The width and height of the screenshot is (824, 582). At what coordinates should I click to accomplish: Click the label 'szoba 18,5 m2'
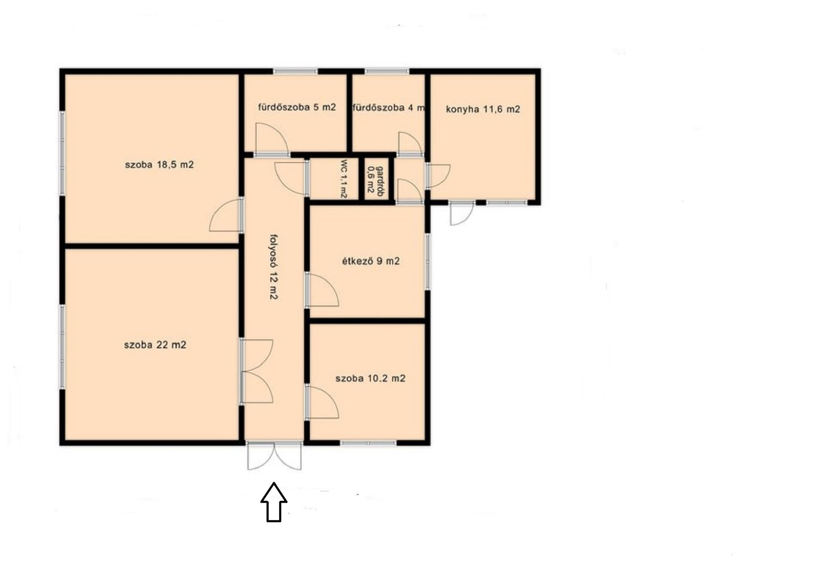tap(159, 165)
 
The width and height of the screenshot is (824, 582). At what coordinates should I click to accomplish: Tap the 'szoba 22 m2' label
tap(155, 345)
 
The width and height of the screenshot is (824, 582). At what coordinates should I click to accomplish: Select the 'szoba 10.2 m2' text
tap(370, 379)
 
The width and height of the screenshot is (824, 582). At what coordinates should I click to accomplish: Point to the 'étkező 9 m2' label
tap(371, 261)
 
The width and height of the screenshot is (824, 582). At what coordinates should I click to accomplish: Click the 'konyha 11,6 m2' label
tap(483, 109)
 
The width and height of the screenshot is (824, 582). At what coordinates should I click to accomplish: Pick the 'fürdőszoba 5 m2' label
tap(297, 107)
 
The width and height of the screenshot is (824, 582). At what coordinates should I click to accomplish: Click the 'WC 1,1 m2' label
tap(343, 179)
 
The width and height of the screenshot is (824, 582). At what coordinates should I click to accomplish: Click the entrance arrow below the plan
tap(274, 502)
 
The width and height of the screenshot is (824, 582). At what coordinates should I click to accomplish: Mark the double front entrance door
tap(274, 455)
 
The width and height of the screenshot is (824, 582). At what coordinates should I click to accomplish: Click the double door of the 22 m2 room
tap(256, 371)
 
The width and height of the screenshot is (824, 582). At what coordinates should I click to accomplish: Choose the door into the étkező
tap(322, 289)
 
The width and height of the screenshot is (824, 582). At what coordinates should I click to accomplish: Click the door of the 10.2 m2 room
tap(322, 402)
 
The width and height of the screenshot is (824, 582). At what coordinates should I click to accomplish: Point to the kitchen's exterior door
tap(462, 213)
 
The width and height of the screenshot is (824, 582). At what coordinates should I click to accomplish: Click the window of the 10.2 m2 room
tap(368, 443)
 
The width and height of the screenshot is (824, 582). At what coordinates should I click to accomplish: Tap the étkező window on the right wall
tap(427, 262)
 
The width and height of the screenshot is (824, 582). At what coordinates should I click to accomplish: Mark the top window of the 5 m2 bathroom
tap(296, 71)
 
